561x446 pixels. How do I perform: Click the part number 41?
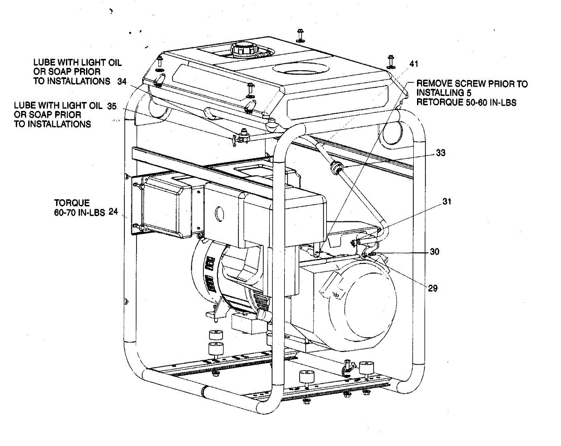pos(414,63)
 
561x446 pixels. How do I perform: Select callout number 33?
pos(440,153)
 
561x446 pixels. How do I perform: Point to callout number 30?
pos(435,252)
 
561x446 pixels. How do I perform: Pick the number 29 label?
pos(432,288)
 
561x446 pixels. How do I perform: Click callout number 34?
pos(122,81)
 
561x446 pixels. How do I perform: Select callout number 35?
pos(112,105)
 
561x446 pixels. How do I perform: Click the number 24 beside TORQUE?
pos(113,212)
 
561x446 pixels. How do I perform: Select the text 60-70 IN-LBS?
pos(79,212)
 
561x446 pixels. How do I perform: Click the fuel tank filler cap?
pos(243,48)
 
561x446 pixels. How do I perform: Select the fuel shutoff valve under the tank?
pos(241,138)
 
